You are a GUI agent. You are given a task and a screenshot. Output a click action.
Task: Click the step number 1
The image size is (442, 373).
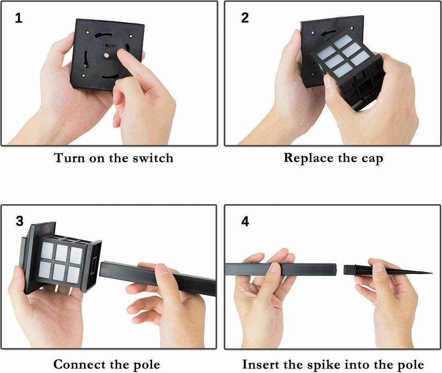tap(19, 18)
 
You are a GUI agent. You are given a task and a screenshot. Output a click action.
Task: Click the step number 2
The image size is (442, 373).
tap(245, 18)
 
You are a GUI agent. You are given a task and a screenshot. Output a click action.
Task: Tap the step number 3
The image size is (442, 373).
tap(20, 221)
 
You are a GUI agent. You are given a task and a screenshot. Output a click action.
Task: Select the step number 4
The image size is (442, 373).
tap(245, 222)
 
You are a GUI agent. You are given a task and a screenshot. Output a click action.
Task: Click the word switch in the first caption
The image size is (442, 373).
tap(153, 158)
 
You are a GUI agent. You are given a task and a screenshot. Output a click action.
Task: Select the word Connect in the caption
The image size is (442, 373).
tap(80, 364)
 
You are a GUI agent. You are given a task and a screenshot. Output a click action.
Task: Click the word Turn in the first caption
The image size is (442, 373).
tap(70, 158)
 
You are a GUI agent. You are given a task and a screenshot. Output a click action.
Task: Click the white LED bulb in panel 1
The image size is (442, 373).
tap(106, 56)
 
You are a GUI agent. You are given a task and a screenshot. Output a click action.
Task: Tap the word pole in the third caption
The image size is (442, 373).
tap(147, 365)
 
